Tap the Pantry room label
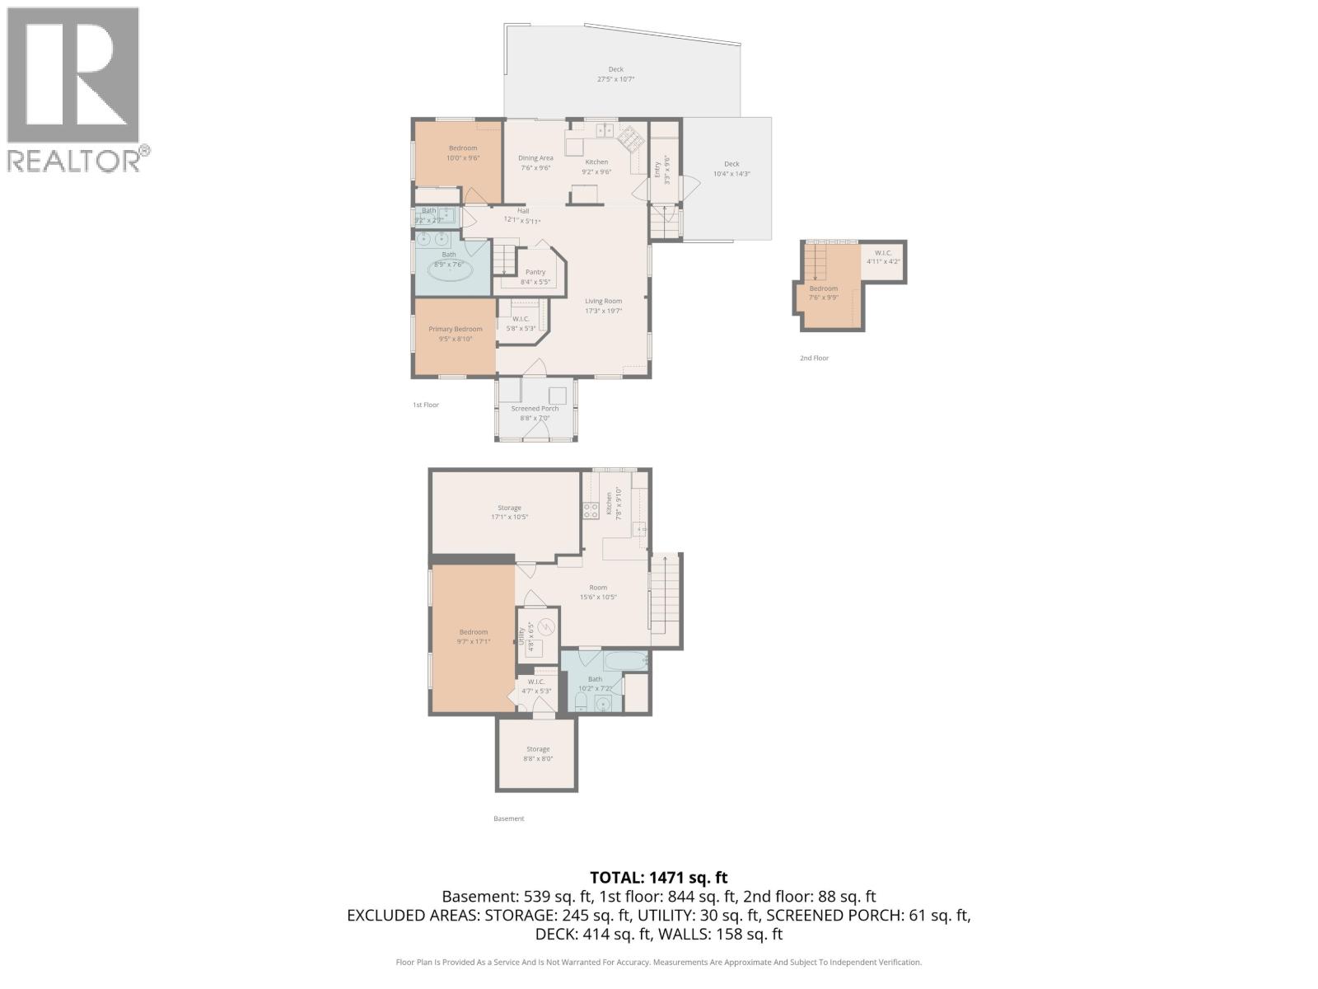(535, 272)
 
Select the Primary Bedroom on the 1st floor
(455, 334)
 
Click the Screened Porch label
(535, 409)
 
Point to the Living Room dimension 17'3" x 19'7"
(603, 312)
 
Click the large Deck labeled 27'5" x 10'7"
(615, 75)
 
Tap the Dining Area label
(535, 158)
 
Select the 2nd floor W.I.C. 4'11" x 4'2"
(883, 257)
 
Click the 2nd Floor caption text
(814, 359)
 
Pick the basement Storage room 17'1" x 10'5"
(509, 513)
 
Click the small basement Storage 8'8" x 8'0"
(538, 754)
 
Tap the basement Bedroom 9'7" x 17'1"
(473, 636)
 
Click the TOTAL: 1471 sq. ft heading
(658, 879)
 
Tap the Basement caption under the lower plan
(508, 819)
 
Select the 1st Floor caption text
(426, 405)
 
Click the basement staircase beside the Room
(666, 598)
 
